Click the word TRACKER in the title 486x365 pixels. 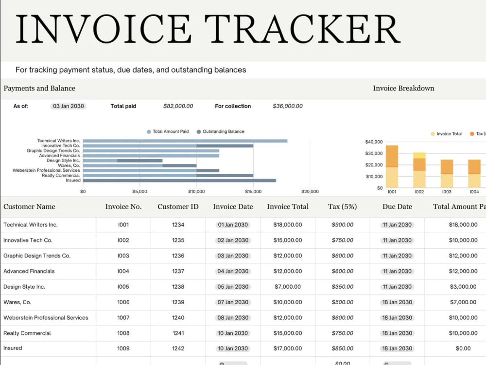click(302, 29)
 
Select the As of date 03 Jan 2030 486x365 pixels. click(68, 106)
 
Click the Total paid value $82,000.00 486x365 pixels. click(178, 106)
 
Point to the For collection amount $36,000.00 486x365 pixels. click(288, 106)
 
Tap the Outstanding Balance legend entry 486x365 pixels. click(220, 131)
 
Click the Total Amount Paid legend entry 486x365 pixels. click(168, 131)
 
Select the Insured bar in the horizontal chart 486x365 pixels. click(179, 181)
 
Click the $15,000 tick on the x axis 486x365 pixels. click(253, 191)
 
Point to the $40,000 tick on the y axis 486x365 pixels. click(374, 142)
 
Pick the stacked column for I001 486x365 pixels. click(392, 166)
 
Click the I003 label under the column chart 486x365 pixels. click(447, 192)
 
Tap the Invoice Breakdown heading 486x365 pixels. click(403, 88)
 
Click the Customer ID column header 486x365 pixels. click(178, 207)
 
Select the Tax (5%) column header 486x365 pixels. click(343, 207)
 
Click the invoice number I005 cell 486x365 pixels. click(123, 287)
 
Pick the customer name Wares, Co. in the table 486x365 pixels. click(17, 302)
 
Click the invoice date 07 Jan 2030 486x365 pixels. click(233, 302)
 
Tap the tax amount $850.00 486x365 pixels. click(343, 348)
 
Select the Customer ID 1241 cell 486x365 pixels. click(178, 333)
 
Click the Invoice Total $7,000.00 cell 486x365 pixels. click(288, 287)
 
